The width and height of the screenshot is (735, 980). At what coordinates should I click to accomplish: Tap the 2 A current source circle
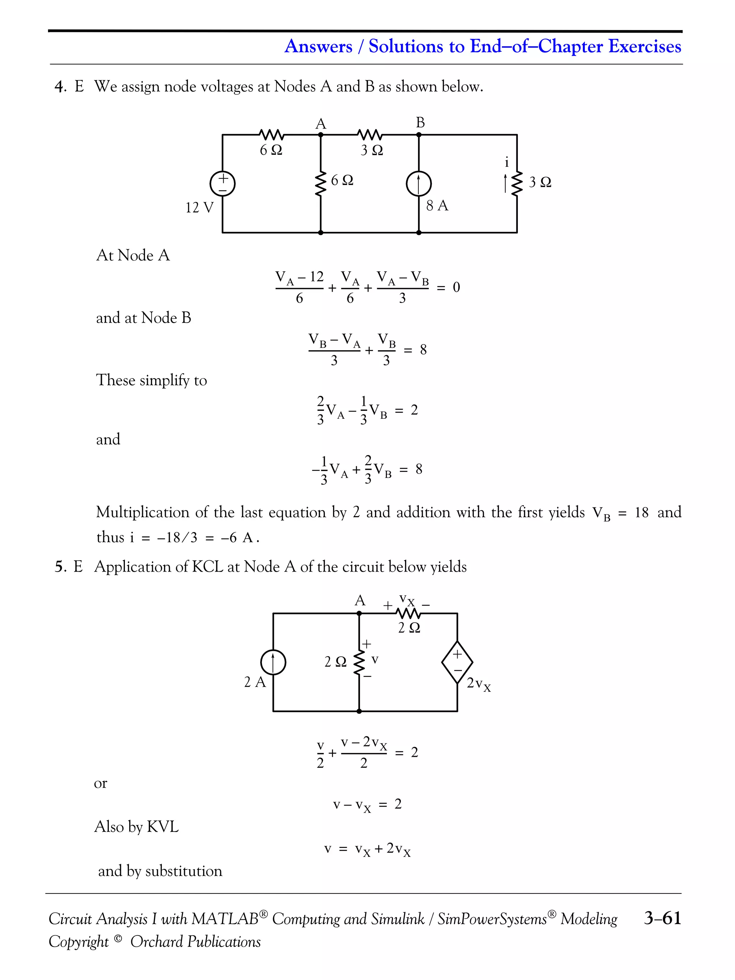click(x=273, y=662)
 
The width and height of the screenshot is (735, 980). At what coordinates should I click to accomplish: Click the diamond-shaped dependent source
click(x=457, y=662)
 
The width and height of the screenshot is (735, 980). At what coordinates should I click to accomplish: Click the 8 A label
click(x=437, y=206)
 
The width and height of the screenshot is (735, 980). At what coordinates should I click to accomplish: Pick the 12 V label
click(x=200, y=207)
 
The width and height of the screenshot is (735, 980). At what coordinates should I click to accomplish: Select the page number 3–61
click(x=663, y=918)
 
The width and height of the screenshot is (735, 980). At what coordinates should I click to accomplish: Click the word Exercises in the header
click(x=645, y=46)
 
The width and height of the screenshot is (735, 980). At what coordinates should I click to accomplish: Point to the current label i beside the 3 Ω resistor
click(x=507, y=163)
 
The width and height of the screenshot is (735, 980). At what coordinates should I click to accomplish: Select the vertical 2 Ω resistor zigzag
click(x=359, y=662)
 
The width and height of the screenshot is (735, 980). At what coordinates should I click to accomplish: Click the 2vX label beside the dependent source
click(x=478, y=684)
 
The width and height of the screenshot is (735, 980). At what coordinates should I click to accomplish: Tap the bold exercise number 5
click(x=59, y=567)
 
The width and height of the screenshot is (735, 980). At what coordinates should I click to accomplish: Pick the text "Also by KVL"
click(x=136, y=827)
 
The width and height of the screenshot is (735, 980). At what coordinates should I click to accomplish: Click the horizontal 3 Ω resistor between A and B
click(x=370, y=134)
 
